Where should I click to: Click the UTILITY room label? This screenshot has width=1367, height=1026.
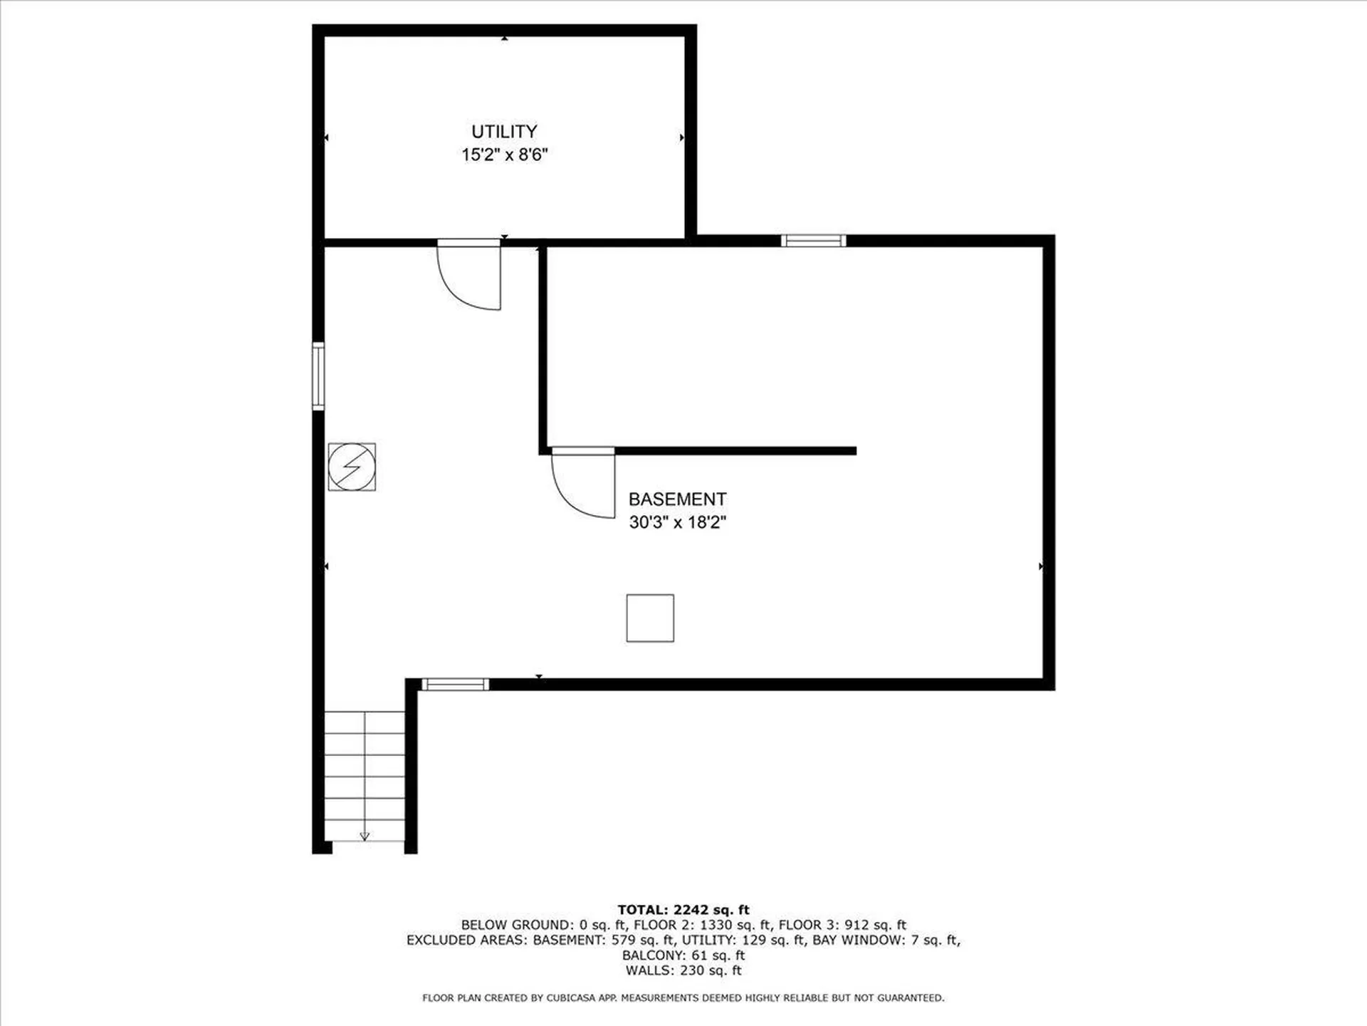(504, 132)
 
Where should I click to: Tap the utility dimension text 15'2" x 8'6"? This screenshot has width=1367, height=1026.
(504, 155)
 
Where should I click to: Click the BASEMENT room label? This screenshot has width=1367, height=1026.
(677, 499)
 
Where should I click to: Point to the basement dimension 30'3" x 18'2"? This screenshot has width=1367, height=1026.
(677, 522)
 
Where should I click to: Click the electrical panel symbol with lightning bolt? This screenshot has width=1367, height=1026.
(352, 467)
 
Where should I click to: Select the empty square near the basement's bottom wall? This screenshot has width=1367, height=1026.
(650, 618)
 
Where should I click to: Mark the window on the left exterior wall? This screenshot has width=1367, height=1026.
(318, 376)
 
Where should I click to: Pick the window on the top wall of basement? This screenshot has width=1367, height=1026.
(813, 241)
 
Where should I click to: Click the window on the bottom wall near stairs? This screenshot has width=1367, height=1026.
(456, 685)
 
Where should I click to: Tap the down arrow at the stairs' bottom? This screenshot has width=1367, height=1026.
(365, 836)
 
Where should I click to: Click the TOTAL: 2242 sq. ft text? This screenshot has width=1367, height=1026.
(683, 910)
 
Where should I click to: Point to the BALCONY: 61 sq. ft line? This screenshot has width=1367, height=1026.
(683, 955)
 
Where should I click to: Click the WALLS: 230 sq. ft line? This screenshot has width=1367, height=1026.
(683, 970)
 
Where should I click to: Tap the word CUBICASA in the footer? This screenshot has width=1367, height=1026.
(570, 998)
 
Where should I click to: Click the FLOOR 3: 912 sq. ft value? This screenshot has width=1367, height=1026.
(842, 925)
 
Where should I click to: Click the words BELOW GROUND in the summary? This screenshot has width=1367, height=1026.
(513, 925)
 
